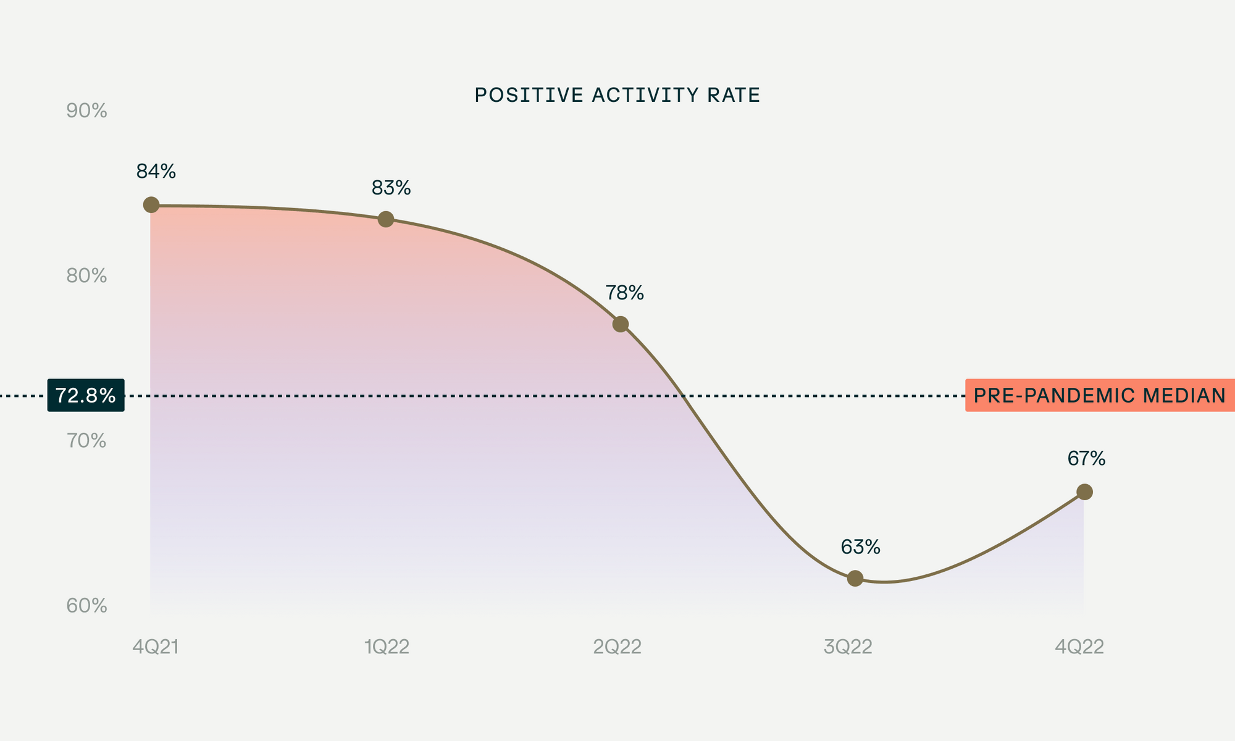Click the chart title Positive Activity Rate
point(617,95)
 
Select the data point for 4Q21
point(151,205)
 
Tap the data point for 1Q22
point(386,219)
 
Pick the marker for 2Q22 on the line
point(621,324)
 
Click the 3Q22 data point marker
point(855,579)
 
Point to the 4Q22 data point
point(1084,492)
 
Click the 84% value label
point(156,172)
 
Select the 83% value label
point(391,188)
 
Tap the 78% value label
point(624,293)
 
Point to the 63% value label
point(860,547)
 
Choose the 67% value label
point(1086,459)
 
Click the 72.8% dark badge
point(86,395)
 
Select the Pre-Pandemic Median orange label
point(1099,395)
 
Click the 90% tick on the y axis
point(86,111)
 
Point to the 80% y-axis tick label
point(86,276)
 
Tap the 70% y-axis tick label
point(86,441)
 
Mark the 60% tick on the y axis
point(86,606)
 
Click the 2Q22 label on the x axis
point(617,647)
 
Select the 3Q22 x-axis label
point(848,647)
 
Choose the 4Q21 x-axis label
point(156,647)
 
